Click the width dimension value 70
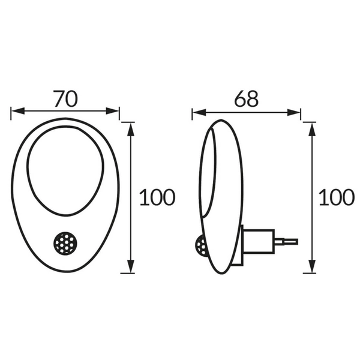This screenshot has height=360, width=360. coord(65,98)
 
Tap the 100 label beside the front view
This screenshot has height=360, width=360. coord(157,197)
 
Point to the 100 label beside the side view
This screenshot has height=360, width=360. coord(337,197)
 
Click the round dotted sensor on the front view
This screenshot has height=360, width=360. coord(64,243)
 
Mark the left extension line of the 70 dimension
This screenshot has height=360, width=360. coord(11,114)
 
